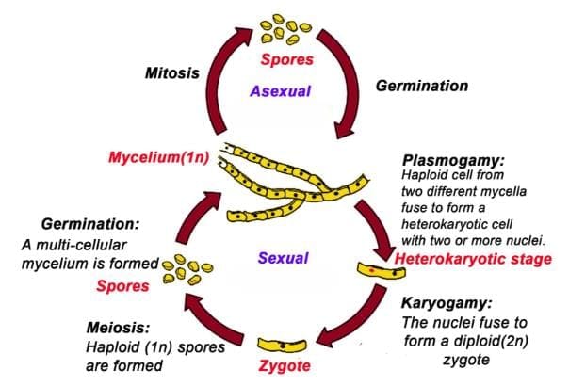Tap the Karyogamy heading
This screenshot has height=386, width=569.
tap(445, 306)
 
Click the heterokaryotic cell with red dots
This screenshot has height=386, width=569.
tap(382, 274)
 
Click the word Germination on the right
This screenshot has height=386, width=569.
tap(422, 86)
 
